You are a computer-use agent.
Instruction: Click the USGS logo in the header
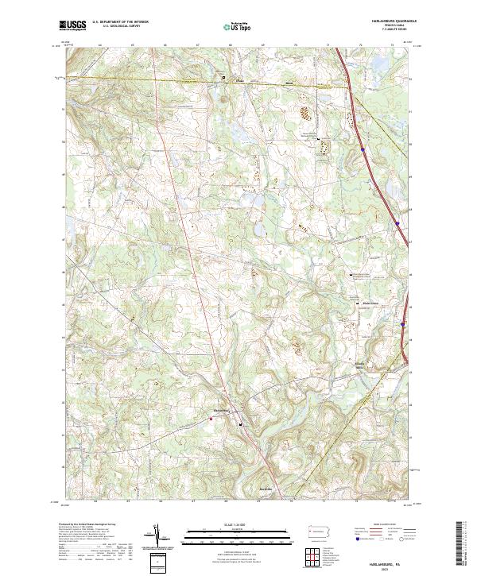tap(73, 25)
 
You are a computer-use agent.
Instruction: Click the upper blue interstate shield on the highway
tap(362, 148)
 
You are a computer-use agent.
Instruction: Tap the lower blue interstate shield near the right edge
tap(404, 324)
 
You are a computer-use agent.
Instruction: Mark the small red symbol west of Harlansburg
tap(210, 416)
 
